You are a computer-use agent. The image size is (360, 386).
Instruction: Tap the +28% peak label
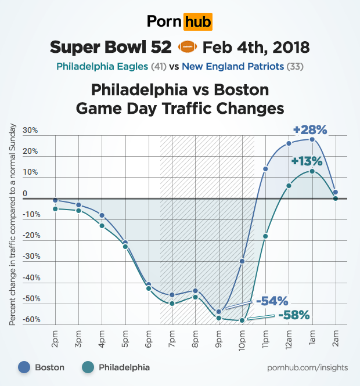pyautogui.click(x=309, y=129)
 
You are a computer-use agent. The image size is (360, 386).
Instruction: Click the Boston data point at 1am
pyautogui.click(x=312, y=139)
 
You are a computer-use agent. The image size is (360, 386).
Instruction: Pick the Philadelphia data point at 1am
pyautogui.click(x=312, y=171)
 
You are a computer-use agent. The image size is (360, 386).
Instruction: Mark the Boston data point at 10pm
pyautogui.click(x=242, y=261)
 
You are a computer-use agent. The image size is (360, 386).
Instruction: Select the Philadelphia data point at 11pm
pyautogui.click(x=265, y=236)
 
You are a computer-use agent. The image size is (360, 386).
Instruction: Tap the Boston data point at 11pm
pyautogui.click(x=265, y=169)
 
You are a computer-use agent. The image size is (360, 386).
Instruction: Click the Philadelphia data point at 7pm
pyautogui.click(x=172, y=303)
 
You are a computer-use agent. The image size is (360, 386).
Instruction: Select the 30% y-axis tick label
pyautogui.click(x=30, y=131)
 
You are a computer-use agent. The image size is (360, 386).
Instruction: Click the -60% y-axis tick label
pyautogui.click(x=31, y=320)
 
